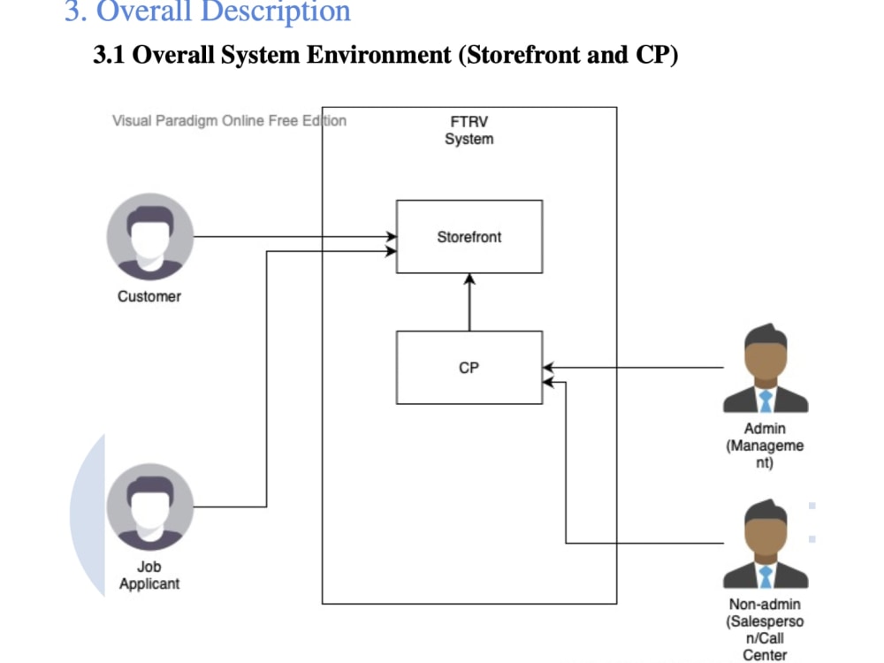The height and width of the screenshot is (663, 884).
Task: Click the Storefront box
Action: click(469, 236)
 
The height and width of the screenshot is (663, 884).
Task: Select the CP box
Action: click(469, 367)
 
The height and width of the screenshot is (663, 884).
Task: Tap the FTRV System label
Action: click(469, 131)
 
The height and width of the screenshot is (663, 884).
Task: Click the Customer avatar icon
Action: click(149, 236)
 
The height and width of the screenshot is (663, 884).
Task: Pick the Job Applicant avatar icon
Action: click(149, 507)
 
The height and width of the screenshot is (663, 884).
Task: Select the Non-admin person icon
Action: click(765, 545)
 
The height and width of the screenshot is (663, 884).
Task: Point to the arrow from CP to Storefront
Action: click(469, 302)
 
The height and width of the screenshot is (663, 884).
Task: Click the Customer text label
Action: click(149, 296)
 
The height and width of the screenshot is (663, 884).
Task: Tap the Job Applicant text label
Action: click(149, 575)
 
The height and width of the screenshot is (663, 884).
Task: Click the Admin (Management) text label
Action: click(765, 446)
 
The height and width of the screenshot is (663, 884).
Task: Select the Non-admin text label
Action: click(765, 629)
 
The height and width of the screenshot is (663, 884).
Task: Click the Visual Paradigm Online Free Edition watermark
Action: click(229, 121)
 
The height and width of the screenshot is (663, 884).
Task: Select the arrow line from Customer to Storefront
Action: click(292, 237)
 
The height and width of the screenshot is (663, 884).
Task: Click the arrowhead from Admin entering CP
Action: click(549, 367)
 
